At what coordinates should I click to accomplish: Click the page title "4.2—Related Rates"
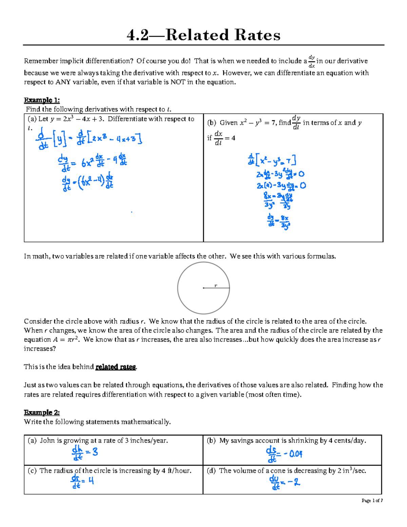[x=203, y=35]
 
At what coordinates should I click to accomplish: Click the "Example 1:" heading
[x=42, y=100]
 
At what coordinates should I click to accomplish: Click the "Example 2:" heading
[x=42, y=412]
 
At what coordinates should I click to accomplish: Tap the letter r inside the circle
[x=216, y=286]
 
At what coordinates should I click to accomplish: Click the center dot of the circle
[x=203, y=288]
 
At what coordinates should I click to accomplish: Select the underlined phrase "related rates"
[x=116, y=367]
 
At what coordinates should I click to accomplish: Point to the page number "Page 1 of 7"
[x=372, y=501]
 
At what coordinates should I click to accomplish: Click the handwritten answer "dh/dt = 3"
[x=85, y=453]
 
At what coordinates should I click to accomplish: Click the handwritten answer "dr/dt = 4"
[x=82, y=481]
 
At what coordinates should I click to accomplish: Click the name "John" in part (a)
[x=47, y=441]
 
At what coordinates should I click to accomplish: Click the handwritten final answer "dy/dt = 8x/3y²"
[x=279, y=221]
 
